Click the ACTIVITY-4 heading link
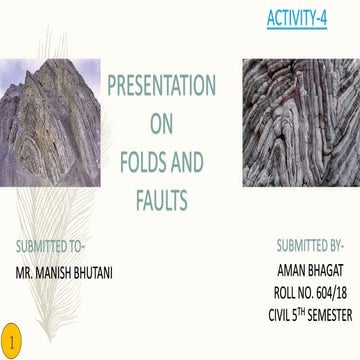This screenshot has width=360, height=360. pyautogui.click(x=298, y=20)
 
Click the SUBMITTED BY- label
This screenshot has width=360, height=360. pyautogui.click(x=309, y=245)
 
